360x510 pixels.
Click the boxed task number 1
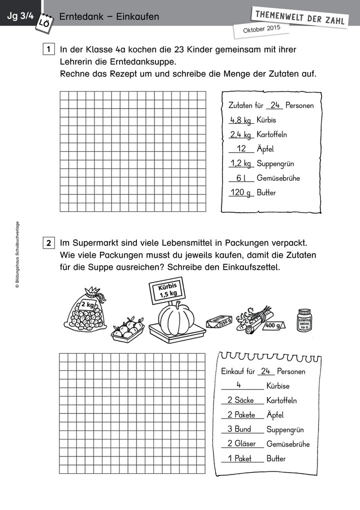48,50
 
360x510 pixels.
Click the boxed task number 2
48,244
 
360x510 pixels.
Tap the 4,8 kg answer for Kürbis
240,120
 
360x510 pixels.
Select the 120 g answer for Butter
240,193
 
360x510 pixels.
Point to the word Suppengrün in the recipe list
275,164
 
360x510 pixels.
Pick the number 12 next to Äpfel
241,149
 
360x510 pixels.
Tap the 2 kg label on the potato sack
87,304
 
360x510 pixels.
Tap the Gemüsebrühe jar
306,320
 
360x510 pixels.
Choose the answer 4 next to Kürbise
239,385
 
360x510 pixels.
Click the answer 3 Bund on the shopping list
239,429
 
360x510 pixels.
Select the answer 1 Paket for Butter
239,458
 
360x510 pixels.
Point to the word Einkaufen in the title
137,17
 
